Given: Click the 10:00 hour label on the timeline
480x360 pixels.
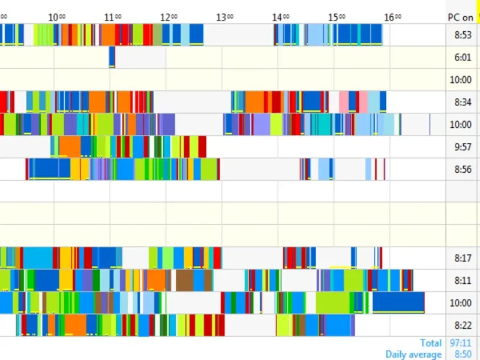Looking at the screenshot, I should pos(56,17).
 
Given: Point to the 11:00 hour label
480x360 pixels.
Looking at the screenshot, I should pos(112,17).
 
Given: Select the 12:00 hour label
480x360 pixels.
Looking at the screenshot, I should pos(169,17).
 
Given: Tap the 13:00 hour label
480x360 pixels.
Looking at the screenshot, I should pos(224,17).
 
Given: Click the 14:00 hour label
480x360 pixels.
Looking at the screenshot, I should pos(280,17).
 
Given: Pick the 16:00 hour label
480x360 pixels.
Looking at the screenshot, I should pos(392,17).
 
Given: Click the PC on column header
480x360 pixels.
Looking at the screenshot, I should pos(460,17).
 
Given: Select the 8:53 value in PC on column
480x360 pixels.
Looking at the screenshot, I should pos(463,35).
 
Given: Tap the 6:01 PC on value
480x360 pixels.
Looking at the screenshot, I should pos(463,58).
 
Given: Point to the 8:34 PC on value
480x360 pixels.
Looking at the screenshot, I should pos(463,102).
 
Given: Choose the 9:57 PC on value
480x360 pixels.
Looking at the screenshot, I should pos(463,147).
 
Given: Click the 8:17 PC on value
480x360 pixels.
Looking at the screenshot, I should pos(463,258).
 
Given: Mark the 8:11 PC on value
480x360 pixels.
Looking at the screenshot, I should pos(463,280).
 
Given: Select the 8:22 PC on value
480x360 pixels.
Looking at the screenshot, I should pos(463,325).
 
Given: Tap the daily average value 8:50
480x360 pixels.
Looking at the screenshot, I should pos(463,354).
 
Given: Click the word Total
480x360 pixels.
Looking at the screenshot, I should pos(431,343).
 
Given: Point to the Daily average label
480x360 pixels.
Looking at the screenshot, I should pos(413,354).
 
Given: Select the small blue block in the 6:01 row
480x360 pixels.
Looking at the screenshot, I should pos(112,58).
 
